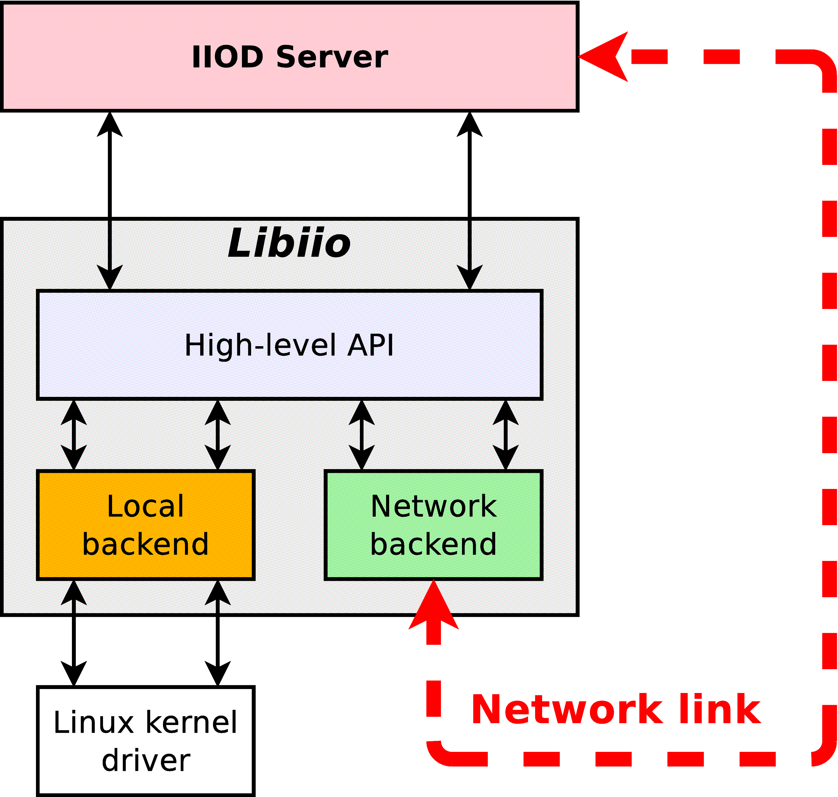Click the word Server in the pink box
(x=332, y=57)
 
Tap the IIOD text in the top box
(x=228, y=57)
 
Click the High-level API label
(x=289, y=345)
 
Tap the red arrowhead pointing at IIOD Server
(x=605, y=56)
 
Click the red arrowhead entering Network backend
(x=433, y=605)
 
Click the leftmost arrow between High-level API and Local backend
(x=74, y=435)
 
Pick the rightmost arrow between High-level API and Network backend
(x=506, y=435)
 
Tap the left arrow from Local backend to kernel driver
(x=74, y=633)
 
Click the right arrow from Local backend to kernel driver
(x=218, y=633)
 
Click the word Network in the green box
(x=433, y=506)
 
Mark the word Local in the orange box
(x=146, y=506)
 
